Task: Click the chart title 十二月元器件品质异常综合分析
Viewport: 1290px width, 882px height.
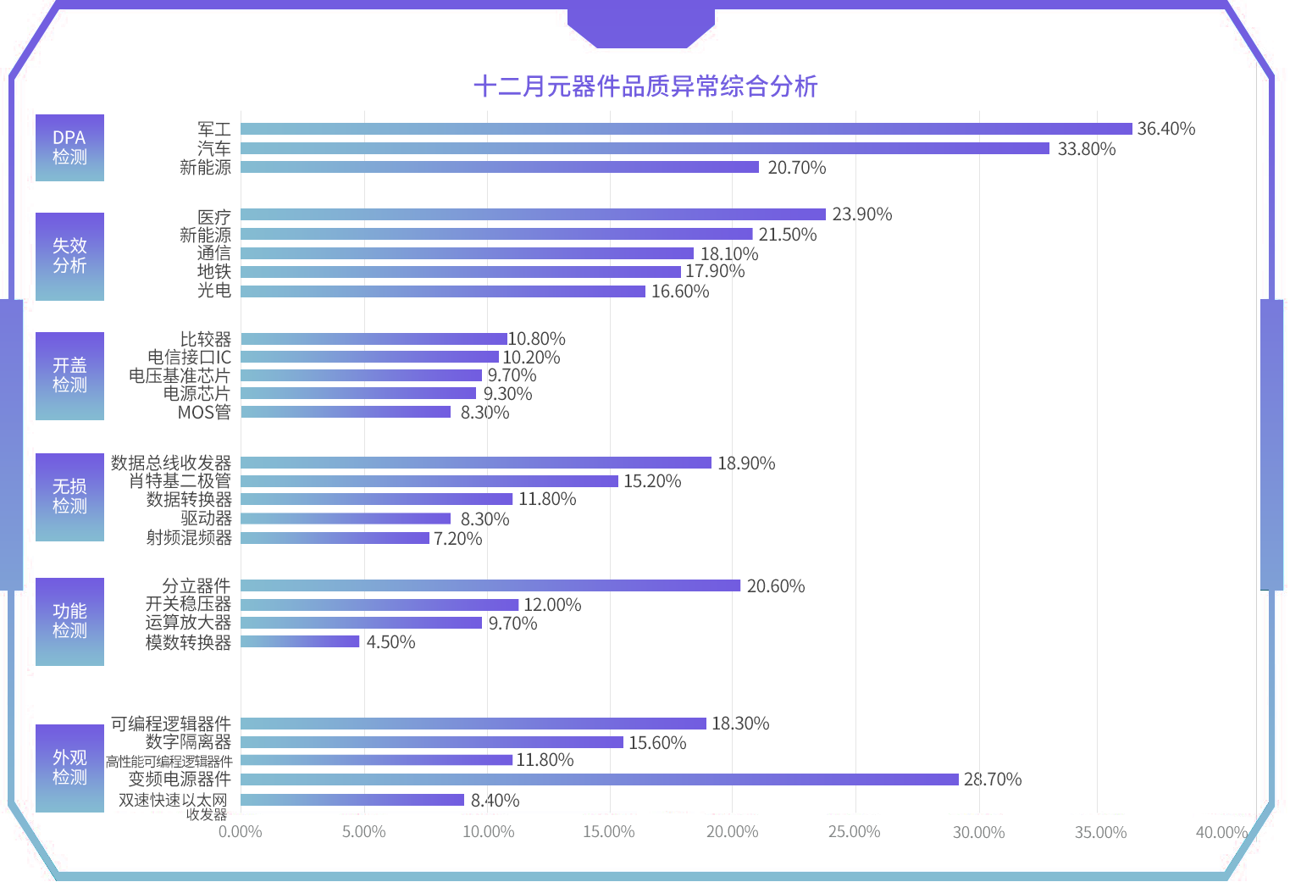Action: click(645, 86)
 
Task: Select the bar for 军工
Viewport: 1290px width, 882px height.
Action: click(686, 129)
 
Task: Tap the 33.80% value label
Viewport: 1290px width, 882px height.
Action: click(1087, 149)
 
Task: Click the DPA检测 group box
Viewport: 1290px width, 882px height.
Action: click(69, 147)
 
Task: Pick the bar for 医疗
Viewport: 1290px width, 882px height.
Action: click(533, 215)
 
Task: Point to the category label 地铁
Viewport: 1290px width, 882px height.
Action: click(213, 272)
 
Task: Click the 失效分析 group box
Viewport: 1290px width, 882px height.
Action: click(69, 256)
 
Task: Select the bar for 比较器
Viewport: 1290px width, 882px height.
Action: click(374, 339)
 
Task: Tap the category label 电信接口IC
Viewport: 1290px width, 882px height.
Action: click(189, 358)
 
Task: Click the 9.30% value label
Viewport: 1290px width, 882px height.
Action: click(507, 394)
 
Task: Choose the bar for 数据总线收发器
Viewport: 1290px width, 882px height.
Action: click(476, 463)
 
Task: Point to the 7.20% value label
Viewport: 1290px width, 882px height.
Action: click(457, 539)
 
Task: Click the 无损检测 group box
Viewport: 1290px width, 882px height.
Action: click(69, 496)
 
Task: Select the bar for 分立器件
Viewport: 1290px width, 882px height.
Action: click(490, 585)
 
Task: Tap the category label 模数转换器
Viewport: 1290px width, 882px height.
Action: click(188, 642)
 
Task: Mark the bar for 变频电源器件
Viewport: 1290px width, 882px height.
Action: click(600, 779)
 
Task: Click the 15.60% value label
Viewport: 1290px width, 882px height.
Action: click(657, 743)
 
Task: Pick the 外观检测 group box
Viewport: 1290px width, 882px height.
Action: click(69, 768)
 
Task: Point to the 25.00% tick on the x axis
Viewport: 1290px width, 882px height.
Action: click(855, 832)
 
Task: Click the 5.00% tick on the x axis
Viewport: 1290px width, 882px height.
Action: click(364, 832)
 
